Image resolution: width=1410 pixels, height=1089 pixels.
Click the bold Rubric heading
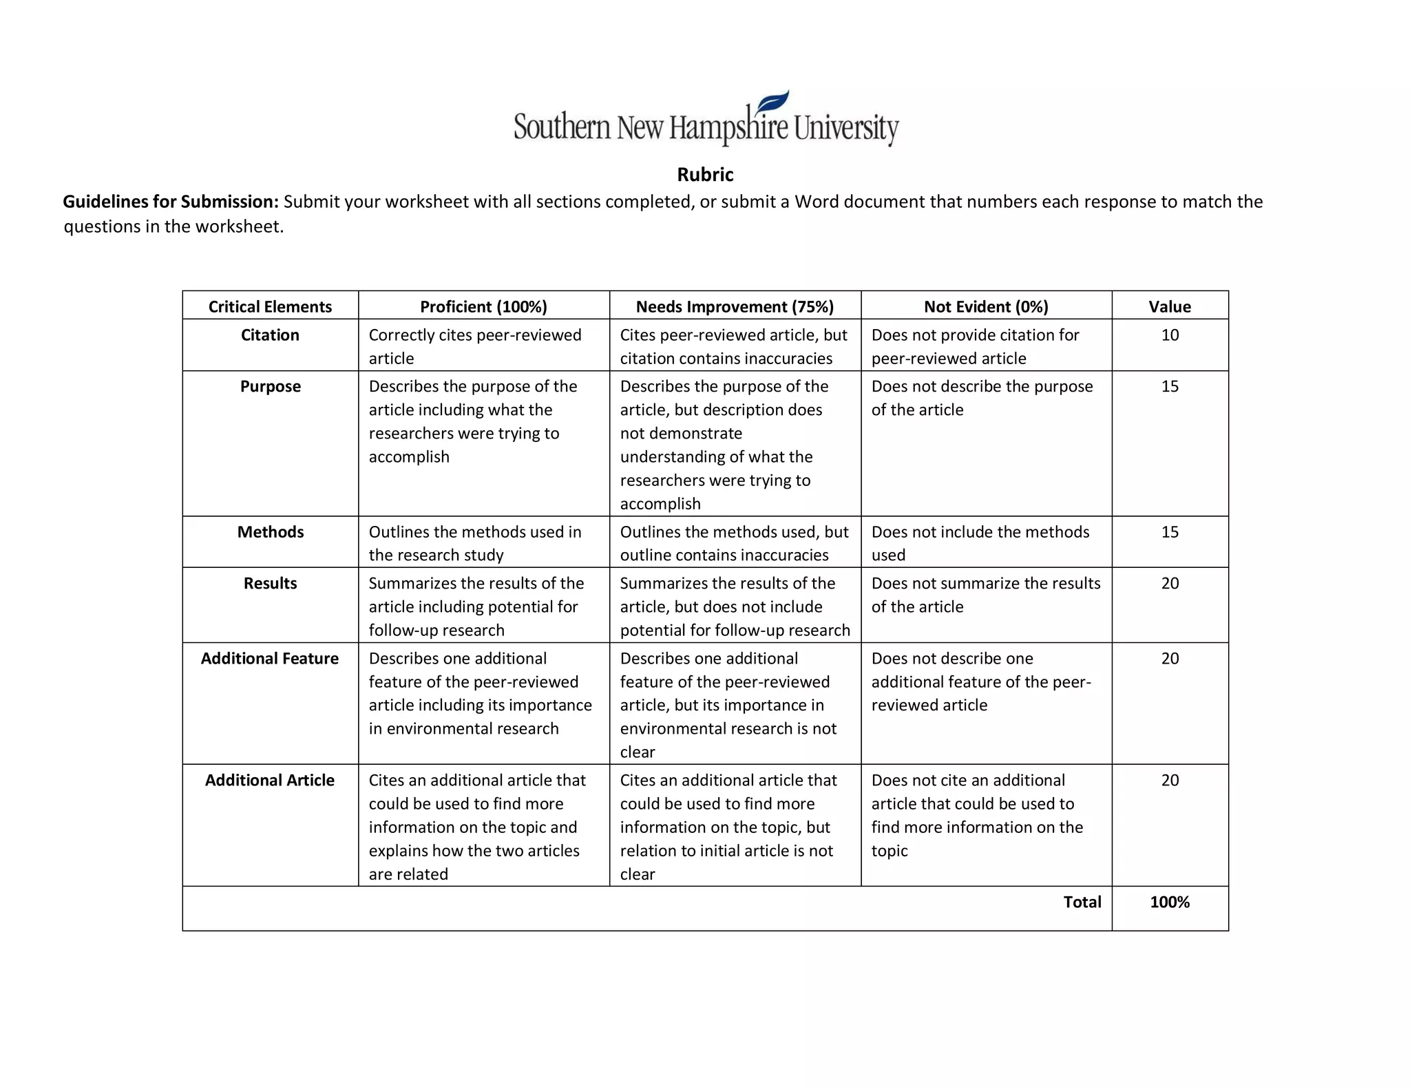pyautogui.click(x=705, y=175)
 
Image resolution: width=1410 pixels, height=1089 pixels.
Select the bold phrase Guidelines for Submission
pyautogui.click(x=171, y=202)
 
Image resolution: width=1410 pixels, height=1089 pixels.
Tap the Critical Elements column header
pyautogui.click(x=270, y=306)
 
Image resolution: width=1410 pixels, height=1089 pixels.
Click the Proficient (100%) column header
pyautogui.click(x=483, y=306)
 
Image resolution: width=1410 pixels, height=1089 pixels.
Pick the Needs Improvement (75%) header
pyautogui.click(x=735, y=306)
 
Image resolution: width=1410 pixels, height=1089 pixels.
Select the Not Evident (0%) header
pyautogui.click(x=986, y=306)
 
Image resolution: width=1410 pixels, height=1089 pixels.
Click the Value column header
pyautogui.click(x=1169, y=306)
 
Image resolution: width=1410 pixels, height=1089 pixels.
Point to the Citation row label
pyautogui.click(x=270, y=335)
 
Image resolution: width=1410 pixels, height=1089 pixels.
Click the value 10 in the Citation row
pyautogui.click(x=1170, y=335)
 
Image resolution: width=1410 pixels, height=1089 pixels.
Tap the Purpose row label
pyautogui.click(x=270, y=386)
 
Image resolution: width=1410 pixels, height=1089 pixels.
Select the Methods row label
pyautogui.click(x=270, y=532)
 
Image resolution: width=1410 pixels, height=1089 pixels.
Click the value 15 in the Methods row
pyautogui.click(x=1170, y=532)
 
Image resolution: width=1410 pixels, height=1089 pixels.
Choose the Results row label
pyautogui.click(x=270, y=584)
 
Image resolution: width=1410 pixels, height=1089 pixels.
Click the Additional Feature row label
pyautogui.click(x=270, y=659)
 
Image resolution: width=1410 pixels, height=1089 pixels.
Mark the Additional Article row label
pyautogui.click(x=270, y=781)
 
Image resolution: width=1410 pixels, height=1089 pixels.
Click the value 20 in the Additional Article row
pyautogui.click(x=1170, y=781)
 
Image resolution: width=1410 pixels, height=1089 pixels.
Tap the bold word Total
pyautogui.click(x=1082, y=902)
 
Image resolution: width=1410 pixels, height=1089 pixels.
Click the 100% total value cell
pyautogui.click(x=1169, y=902)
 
